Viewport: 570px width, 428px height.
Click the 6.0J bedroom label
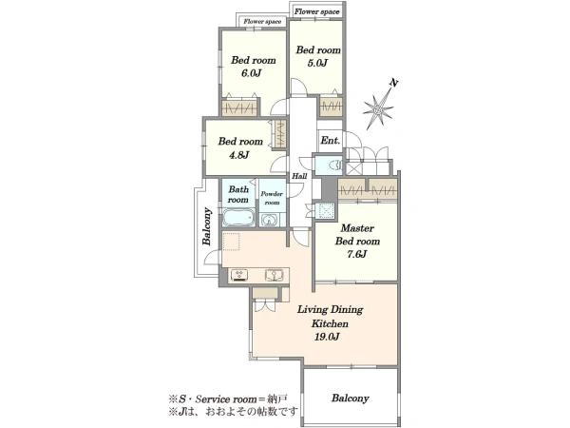tap(254, 67)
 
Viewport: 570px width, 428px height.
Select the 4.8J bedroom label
tap(240, 147)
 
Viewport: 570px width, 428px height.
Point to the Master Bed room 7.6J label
tap(357, 241)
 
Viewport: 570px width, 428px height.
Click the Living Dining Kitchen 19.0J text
tap(330, 323)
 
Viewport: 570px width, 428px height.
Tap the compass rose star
tap(378, 108)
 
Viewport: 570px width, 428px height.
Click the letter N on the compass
tap(393, 83)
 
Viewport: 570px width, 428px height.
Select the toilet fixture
tap(335, 165)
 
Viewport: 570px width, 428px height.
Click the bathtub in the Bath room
tap(238, 218)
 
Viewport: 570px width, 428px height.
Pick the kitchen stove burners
tap(239, 275)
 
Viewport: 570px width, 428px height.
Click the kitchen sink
tap(274, 275)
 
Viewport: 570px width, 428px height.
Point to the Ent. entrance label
tap(330, 140)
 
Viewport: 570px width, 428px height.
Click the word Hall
tap(299, 176)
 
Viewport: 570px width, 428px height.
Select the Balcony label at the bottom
tap(350, 399)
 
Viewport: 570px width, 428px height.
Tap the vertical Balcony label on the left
tap(207, 226)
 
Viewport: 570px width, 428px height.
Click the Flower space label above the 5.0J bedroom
tap(316, 11)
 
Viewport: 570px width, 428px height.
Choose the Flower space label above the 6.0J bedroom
tap(262, 22)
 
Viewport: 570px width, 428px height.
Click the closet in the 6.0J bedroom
tap(240, 107)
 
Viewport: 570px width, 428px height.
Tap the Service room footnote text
tap(229, 399)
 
